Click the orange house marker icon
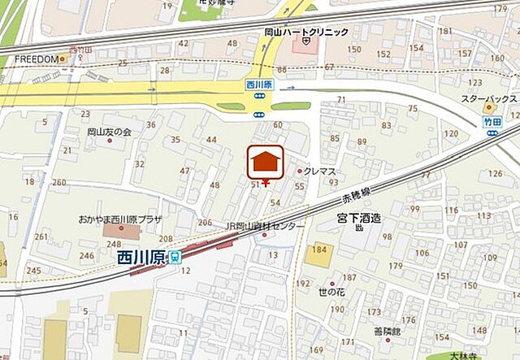click(x=265, y=162)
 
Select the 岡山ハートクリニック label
click(x=311, y=32)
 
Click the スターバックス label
click(x=485, y=98)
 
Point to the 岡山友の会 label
click(x=109, y=132)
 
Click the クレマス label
click(x=319, y=171)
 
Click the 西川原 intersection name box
click(x=260, y=85)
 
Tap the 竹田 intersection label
click(x=492, y=119)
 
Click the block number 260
click(x=58, y=183)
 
